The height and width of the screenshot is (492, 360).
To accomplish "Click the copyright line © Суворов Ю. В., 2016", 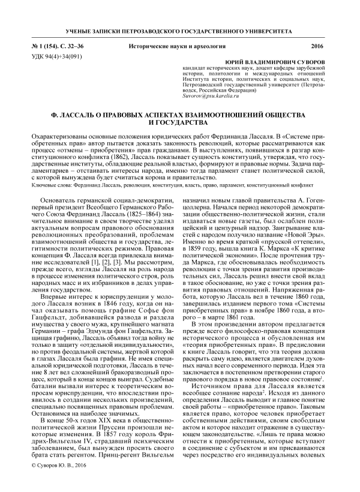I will pos(63,481).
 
